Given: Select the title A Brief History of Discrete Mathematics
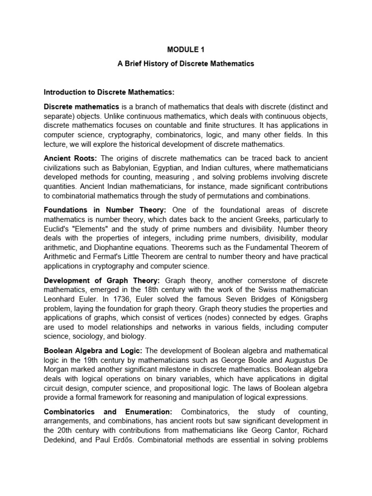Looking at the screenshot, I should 186,63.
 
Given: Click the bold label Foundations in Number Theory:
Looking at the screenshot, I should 105,209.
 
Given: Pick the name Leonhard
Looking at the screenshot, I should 62,299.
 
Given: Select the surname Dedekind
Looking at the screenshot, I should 62,439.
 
